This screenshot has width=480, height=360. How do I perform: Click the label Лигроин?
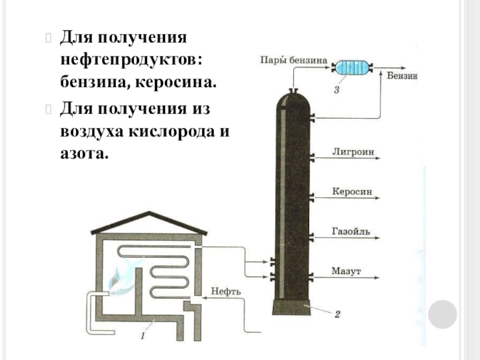pyautogui.click(x=353, y=152)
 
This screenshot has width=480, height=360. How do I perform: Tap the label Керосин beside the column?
pyautogui.click(x=352, y=193)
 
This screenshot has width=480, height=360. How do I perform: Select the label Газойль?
pyautogui.click(x=353, y=232)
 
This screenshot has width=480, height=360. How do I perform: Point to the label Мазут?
pyautogui.click(x=346, y=272)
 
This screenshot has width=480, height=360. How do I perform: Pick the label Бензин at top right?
pyautogui.click(x=402, y=76)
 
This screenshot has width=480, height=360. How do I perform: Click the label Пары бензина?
pyautogui.click(x=292, y=60)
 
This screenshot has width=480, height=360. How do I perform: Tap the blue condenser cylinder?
pyautogui.click(x=352, y=67)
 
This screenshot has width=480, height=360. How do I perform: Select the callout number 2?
pyautogui.click(x=337, y=313)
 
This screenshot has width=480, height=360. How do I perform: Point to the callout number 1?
pyautogui.click(x=142, y=337)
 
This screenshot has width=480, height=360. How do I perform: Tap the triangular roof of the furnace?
pyautogui.click(x=149, y=223)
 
